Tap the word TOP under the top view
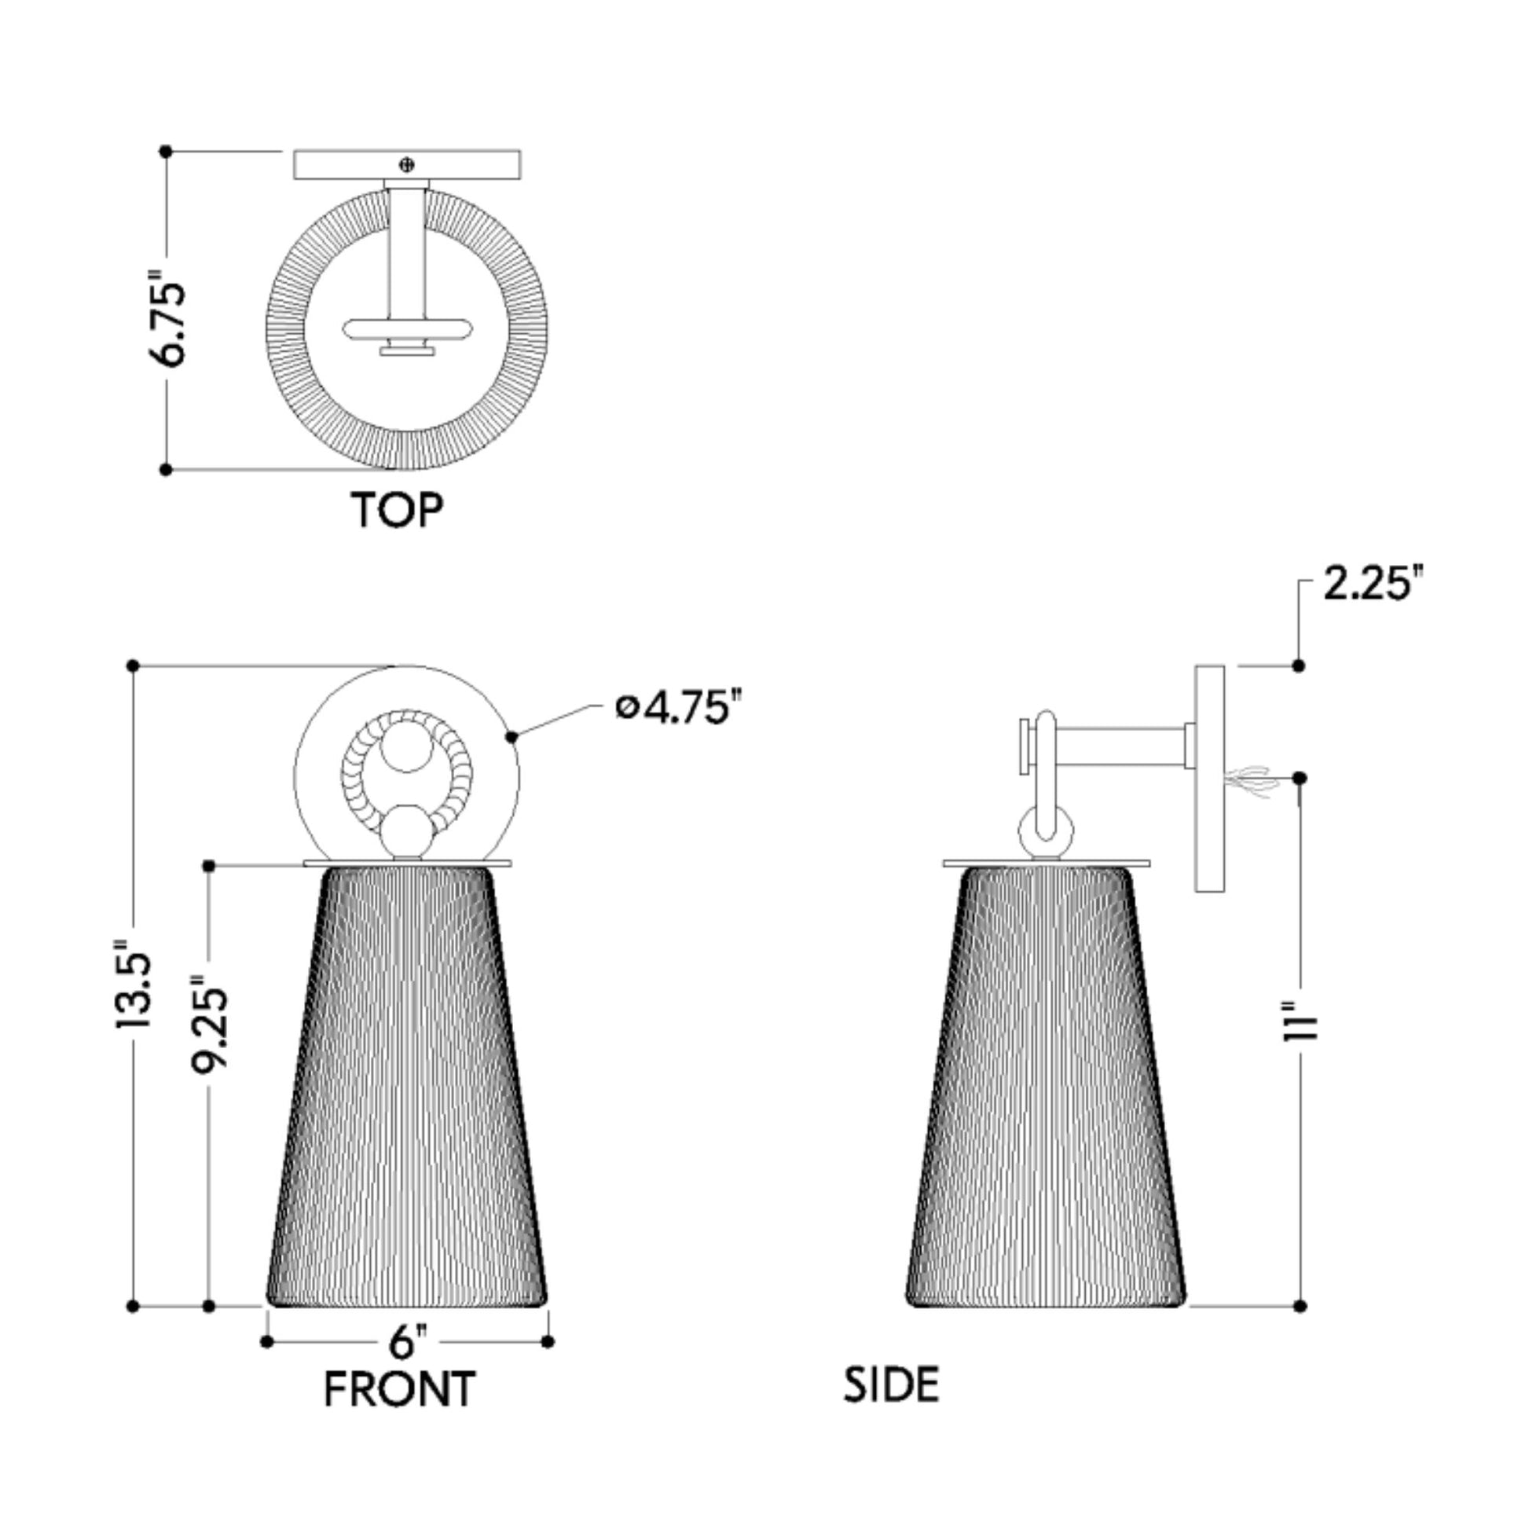tap(398, 511)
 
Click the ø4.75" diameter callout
tap(681, 706)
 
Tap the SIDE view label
tap(891, 1386)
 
